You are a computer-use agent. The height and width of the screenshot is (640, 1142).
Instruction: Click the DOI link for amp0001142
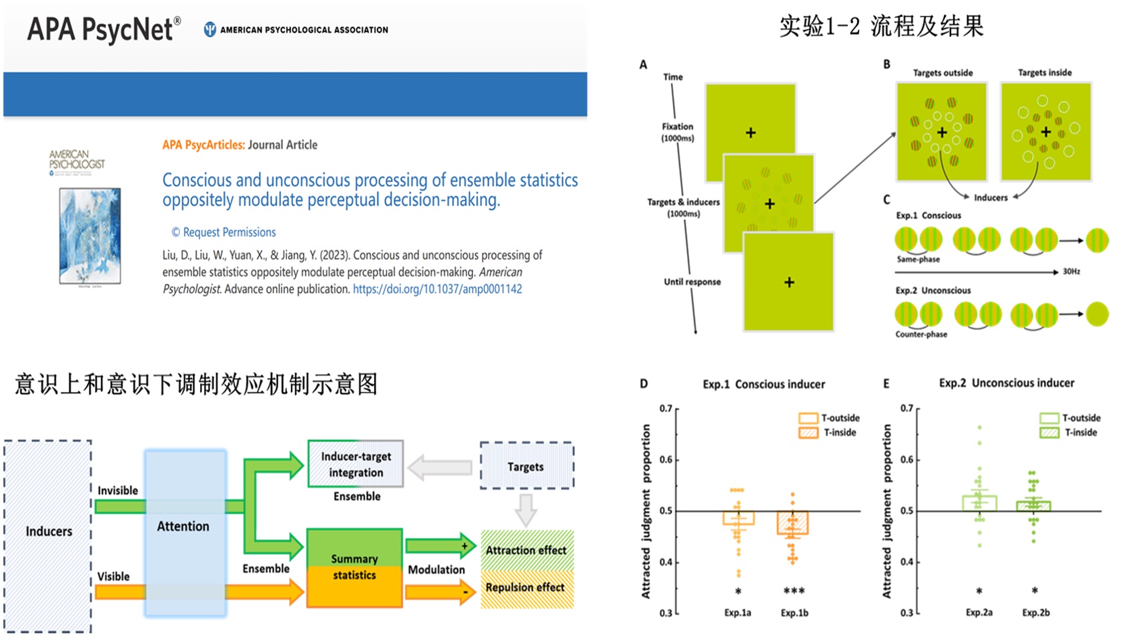[437, 289]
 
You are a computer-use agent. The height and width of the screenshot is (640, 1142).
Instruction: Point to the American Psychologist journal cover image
[90, 235]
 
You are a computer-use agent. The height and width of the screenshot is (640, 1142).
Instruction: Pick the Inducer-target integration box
[356, 464]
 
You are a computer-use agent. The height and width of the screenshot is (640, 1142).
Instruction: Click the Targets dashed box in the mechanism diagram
[526, 466]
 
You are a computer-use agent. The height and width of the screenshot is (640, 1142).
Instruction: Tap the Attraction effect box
[526, 550]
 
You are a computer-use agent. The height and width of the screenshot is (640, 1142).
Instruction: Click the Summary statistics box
[354, 567]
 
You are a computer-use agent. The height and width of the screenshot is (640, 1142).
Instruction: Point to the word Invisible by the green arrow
[117, 491]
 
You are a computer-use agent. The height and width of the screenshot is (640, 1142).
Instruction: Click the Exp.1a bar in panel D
[738, 518]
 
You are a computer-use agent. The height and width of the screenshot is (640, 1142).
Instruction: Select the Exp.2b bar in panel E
[1033, 507]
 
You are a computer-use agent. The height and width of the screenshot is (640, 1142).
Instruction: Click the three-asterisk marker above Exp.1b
[794, 591]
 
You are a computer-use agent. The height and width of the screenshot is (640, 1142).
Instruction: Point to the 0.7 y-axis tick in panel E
[907, 408]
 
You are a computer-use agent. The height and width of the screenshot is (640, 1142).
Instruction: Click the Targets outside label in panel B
[943, 73]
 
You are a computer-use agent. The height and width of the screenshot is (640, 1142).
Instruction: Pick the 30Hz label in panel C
[1071, 271]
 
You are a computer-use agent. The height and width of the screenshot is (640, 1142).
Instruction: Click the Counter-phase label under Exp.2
[921, 334]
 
